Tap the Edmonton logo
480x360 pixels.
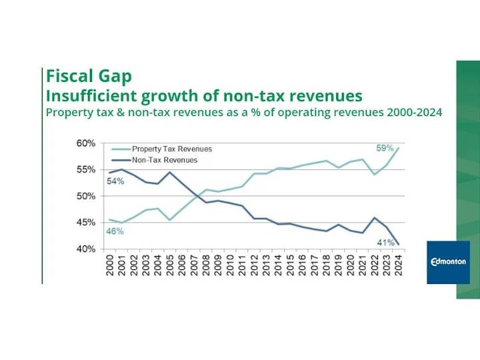pyautogui.click(x=448, y=262)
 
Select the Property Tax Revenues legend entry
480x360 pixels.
pyautogui.click(x=171, y=149)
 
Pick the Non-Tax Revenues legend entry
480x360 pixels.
pyautogui.click(x=164, y=160)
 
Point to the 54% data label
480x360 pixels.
pyautogui.click(x=116, y=181)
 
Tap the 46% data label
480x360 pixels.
pyautogui.click(x=115, y=231)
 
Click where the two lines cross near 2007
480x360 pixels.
pyautogui.click(x=197, y=195)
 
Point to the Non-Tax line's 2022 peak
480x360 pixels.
pyautogui.click(x=375, y=217)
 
